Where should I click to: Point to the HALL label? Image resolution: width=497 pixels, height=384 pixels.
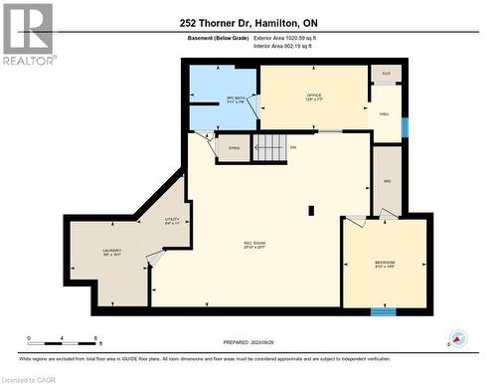(383, 113)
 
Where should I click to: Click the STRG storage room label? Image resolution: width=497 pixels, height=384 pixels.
(234, 148)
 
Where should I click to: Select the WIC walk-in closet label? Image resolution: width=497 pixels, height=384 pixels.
(388, 180)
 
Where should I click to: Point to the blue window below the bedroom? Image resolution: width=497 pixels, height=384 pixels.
(383, 311)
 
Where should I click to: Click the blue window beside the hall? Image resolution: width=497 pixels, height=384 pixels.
(405, 128)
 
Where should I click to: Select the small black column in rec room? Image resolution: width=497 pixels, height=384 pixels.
(311, 210)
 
